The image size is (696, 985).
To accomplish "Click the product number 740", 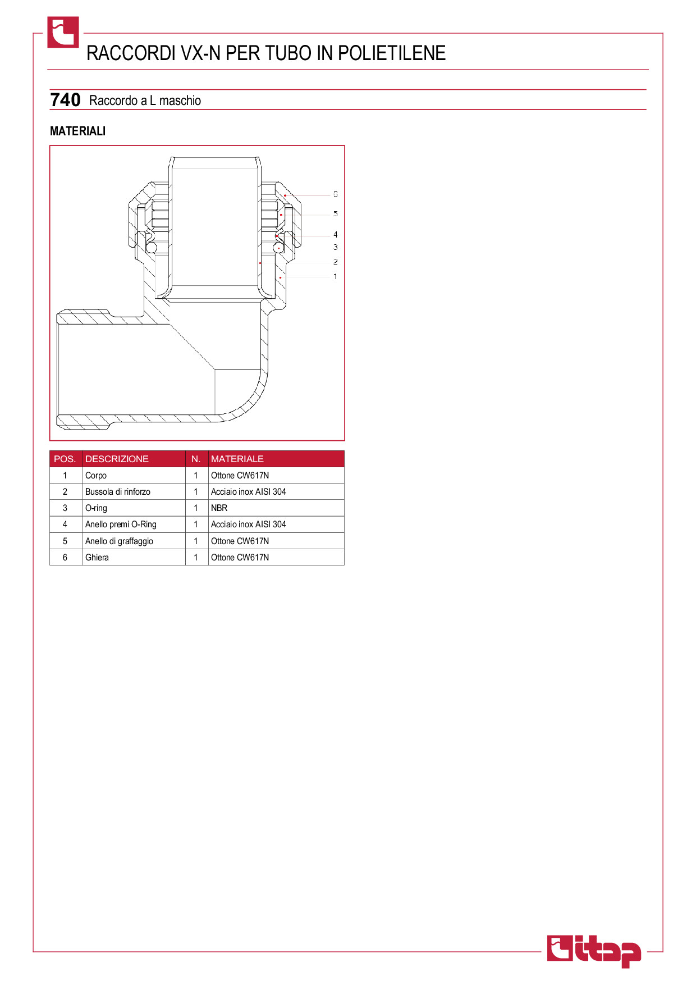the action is click(65, 100).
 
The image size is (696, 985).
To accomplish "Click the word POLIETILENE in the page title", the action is click(392, 53).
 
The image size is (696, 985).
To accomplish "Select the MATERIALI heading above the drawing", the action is click(77, 131).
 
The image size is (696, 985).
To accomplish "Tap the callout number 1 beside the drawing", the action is click(336, 276).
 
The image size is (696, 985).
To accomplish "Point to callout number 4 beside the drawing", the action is click(336, 234).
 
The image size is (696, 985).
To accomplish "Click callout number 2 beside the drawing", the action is click(336, 262).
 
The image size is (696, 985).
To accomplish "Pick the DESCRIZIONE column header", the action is click(117, 459).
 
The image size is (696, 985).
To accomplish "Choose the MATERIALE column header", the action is click(237, 459).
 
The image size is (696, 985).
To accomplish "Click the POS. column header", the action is click(65, 459).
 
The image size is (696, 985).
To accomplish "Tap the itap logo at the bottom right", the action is click(594, 951).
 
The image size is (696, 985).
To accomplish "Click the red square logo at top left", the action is click(63, 32).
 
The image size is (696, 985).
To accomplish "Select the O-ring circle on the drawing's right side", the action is click(278, 247).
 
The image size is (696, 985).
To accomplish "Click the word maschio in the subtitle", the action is click(180, 101).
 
